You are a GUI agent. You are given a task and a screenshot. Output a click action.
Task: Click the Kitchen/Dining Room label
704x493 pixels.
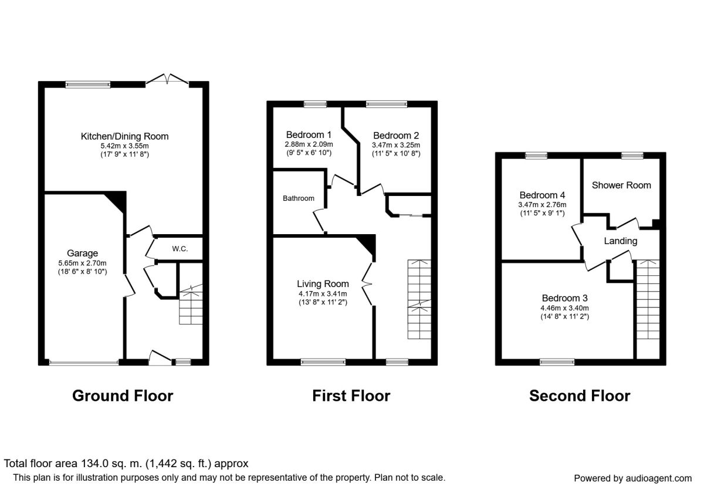coord(124,136)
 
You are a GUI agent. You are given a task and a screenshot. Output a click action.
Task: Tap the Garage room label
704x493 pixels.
coord(82,253)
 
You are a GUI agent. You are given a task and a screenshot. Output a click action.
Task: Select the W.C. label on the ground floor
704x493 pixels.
coord(180,249)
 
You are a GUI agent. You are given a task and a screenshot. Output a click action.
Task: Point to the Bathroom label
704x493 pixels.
coord(298,198)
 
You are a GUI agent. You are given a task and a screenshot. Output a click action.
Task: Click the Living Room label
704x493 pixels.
coord(323,284)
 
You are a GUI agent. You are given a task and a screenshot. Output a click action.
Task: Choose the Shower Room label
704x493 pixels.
coord(621,185)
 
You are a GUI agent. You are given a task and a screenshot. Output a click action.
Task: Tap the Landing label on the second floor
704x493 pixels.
coord(621,241)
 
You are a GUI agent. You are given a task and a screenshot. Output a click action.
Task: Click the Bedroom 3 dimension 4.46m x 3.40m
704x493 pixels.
coord(564,308)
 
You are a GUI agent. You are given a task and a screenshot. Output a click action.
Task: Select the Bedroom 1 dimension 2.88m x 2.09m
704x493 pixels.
coord(309,144)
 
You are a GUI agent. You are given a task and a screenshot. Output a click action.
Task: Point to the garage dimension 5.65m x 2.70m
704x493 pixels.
coord(82,263)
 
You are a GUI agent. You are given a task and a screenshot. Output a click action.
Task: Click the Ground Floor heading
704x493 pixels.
coord(123,396)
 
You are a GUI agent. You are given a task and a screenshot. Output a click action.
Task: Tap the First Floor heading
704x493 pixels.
coord(351,396)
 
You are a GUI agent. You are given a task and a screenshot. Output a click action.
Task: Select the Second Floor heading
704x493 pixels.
coord(580,396)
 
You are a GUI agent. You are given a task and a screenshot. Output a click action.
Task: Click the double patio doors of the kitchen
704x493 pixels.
coord(167,79)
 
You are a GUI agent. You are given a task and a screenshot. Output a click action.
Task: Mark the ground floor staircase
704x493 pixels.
coord(191,304)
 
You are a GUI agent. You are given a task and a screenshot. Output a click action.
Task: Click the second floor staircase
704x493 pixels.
coord(648,299)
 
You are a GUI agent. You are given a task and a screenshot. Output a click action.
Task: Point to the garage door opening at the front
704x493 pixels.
coord(84,363)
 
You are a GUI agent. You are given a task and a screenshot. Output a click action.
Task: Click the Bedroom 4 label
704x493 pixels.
coord(542,195)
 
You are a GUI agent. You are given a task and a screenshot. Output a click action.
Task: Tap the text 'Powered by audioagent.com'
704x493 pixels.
coord(632,478)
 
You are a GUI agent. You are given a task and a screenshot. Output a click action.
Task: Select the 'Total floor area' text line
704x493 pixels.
coord(126,464)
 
